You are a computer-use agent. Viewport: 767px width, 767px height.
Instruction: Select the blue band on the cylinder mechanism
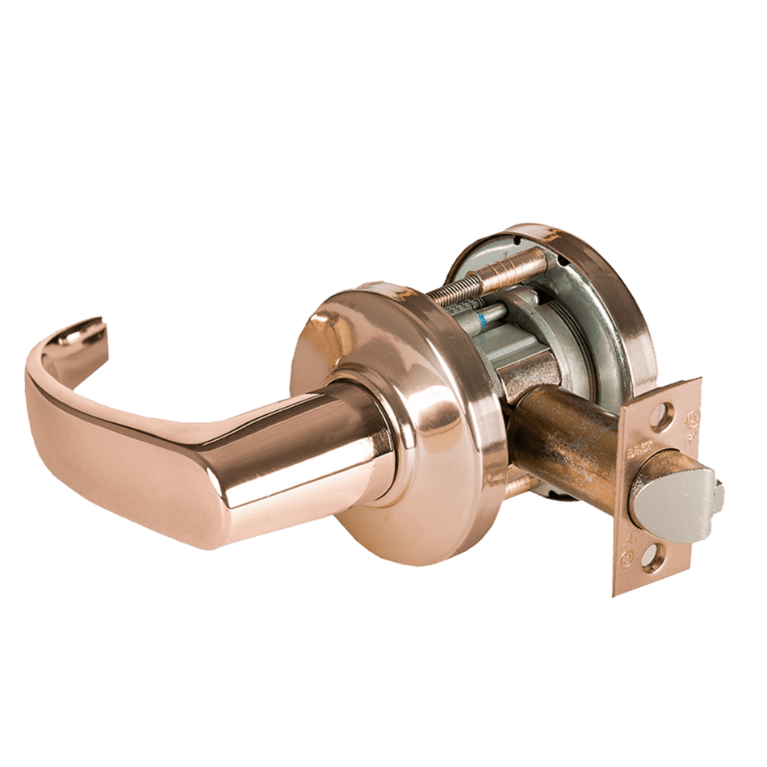[x=484, y=317]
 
